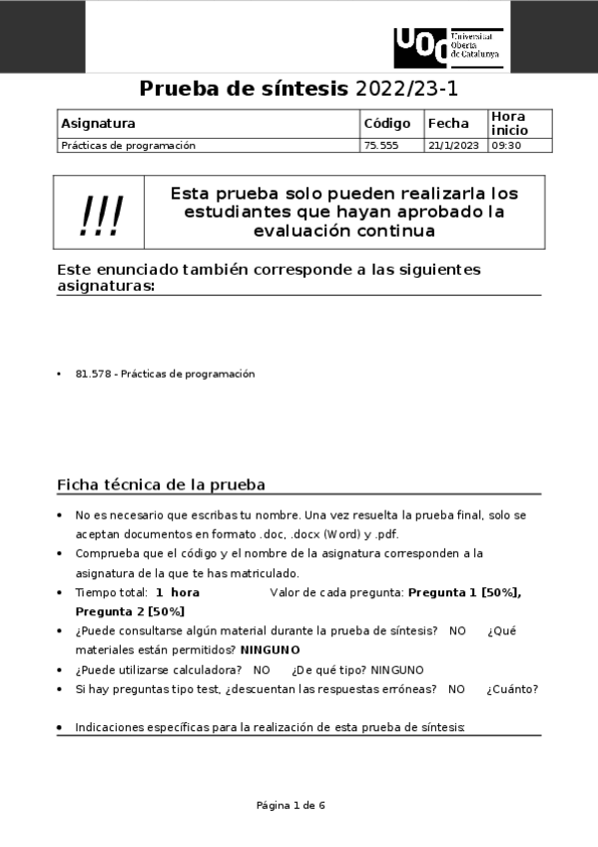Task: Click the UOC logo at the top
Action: pos(448,47)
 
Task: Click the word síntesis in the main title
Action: pos(299,88)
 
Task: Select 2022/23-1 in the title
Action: pos(406,88)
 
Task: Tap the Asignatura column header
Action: pos(98,124)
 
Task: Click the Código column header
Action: pos(387,124)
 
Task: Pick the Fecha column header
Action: pos(448,124)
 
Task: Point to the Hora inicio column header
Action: pos(508,124)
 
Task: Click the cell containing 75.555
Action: pos(381,145)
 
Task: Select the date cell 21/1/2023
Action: pos(453,145)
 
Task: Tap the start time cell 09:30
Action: pos(506,145)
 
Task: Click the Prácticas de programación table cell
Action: pos(128,145)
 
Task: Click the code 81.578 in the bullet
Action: pos(93,374)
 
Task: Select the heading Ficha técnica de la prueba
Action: pos(161,485)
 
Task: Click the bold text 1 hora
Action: pos(178,592)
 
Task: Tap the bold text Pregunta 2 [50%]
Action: pos(130,611)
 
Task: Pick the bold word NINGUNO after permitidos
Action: pos(271,649)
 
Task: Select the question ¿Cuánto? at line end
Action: pos(512,688)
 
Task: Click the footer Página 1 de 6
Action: pos(291,805)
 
